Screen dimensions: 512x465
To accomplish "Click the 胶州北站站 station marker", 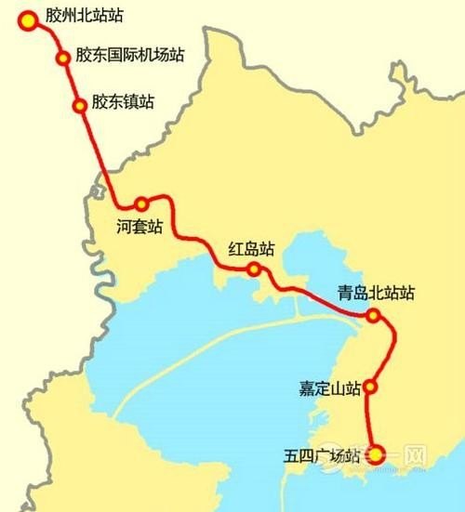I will [29, 19].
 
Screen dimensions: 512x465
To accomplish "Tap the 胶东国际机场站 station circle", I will [63, 58].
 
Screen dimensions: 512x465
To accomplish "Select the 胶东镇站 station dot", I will [77, 104].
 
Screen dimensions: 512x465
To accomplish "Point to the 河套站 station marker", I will [141, 203].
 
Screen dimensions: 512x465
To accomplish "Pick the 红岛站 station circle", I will [253, 269].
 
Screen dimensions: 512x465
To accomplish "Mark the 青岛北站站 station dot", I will [373, 316].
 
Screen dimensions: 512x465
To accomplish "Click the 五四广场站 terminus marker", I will [376, 454].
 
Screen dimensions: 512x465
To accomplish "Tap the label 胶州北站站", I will [85, 17].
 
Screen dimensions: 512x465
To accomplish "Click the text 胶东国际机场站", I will [129, 54].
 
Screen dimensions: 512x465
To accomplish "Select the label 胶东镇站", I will [123, 100].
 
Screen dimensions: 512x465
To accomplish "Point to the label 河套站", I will [139, 226].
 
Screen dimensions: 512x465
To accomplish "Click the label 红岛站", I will [252, 248].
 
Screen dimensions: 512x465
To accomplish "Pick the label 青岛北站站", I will [376, 294].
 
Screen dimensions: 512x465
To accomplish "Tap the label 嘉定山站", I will [325, 388].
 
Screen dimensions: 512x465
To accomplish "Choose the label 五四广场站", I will [322, 455].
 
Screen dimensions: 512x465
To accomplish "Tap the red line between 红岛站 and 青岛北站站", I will [316, 295].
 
